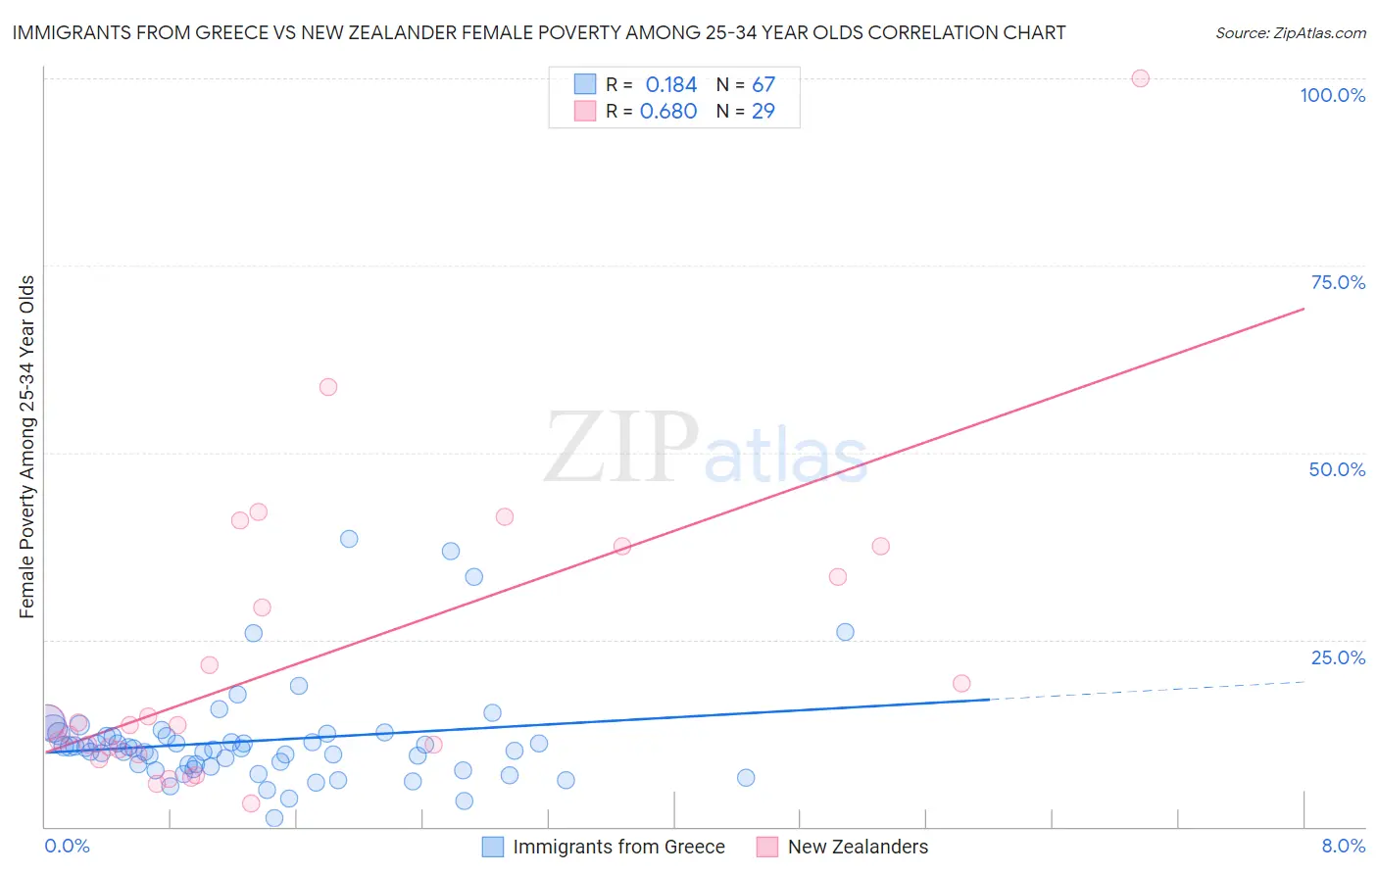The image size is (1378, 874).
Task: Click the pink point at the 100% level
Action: pyautogui.click(x=1140, y=78)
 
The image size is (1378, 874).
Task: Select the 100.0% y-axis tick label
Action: pyautogui.click(x=1332, y=95)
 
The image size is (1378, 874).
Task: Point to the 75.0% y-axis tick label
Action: pyautogui.click(x=1338, y=282)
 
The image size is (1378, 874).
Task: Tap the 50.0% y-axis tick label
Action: pyautogui.click(x=1337, y=469)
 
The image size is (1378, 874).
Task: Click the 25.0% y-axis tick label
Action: pyautogui.click(x=1338, y=657)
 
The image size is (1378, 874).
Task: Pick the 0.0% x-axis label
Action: pyautogui.click(x=67, y=846)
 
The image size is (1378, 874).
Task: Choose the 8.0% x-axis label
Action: pyautogui.click(x=1343, y=846)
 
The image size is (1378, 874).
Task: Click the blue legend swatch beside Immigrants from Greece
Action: pyautogui.click(x=492, y=847)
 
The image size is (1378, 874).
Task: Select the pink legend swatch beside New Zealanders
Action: pyautogui.click(x=766, y=847)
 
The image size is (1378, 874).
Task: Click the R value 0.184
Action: pyautogui.click(x=670, y=85)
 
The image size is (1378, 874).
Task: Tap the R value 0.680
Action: pyautogui.click(x=668, y=112)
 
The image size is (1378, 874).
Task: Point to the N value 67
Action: pyautogui.click(x=763, y=85)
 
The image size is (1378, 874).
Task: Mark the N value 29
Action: pyautogui.click(x=763, y=112)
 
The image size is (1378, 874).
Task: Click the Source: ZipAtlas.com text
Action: pyautogui.click(x=1290, y=33)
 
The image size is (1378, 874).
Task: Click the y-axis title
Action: pyautogui.click(x=27, y=447)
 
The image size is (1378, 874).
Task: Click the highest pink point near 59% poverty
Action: pyautogui.click(x=328, y=387)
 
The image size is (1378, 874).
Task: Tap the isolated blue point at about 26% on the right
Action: pyautogui.click(x=845, y=632)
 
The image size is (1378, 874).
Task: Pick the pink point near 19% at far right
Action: pyautogui.click(x=961, y=683)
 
